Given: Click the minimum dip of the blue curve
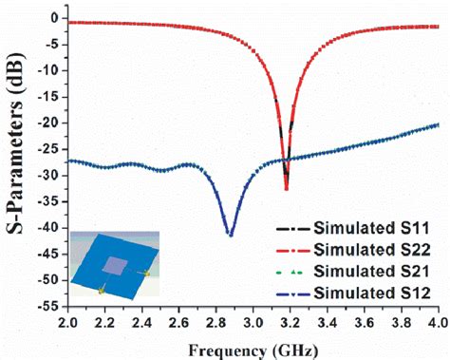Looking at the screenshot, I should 230,234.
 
